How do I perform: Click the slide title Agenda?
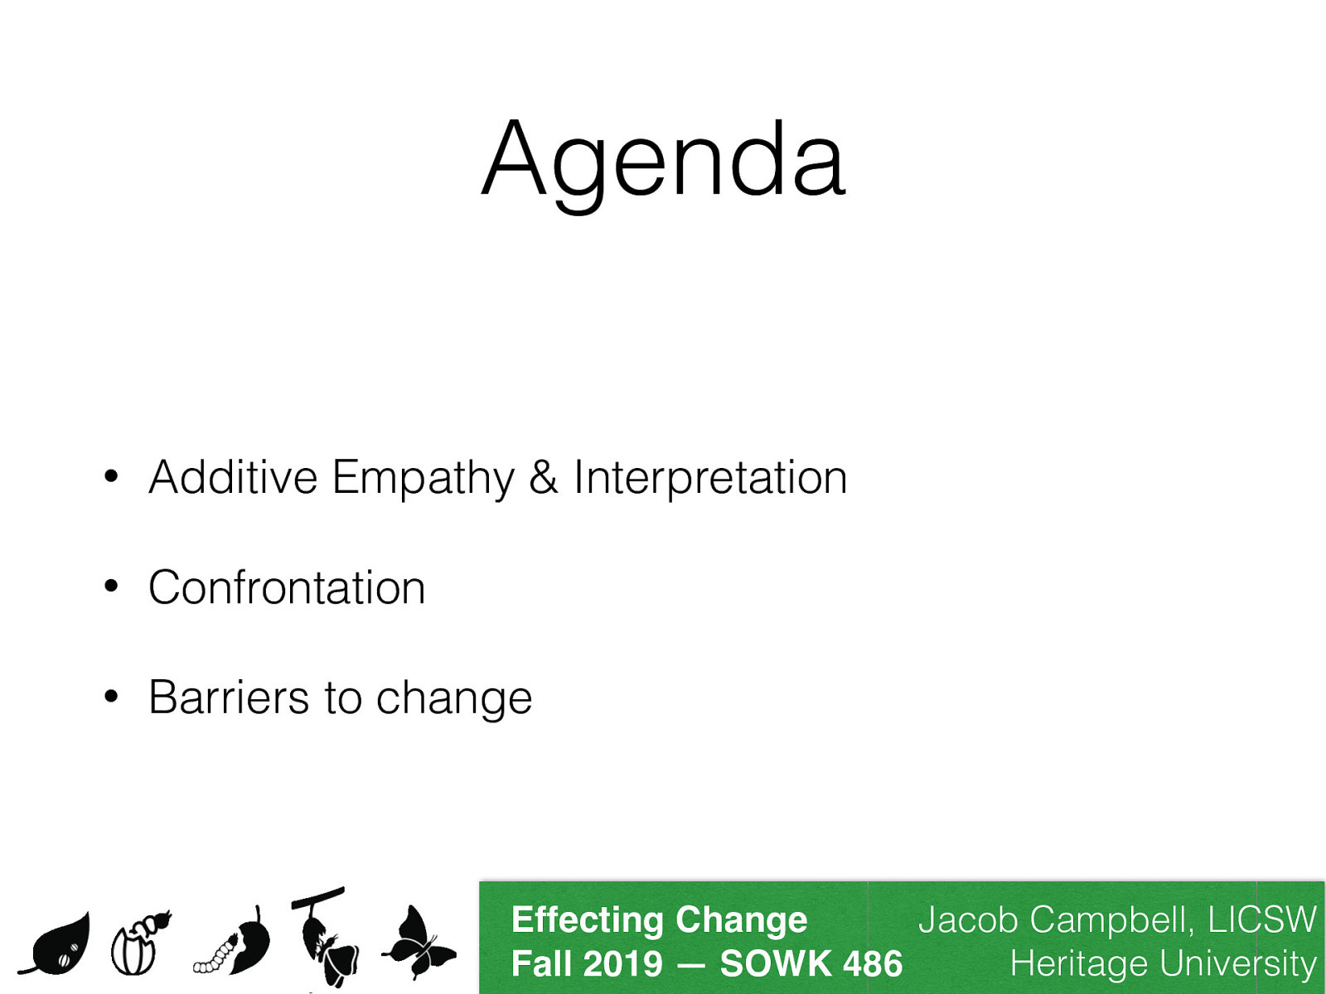click(x=663, y=162)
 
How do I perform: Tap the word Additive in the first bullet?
click(x=233, y=478)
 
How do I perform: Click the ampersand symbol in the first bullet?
click(x=544, y=478)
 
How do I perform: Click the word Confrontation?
click(x=287, y=588)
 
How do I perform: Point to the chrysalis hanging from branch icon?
click(x=326, y=936)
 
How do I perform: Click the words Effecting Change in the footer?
click(x=659, y=920)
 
